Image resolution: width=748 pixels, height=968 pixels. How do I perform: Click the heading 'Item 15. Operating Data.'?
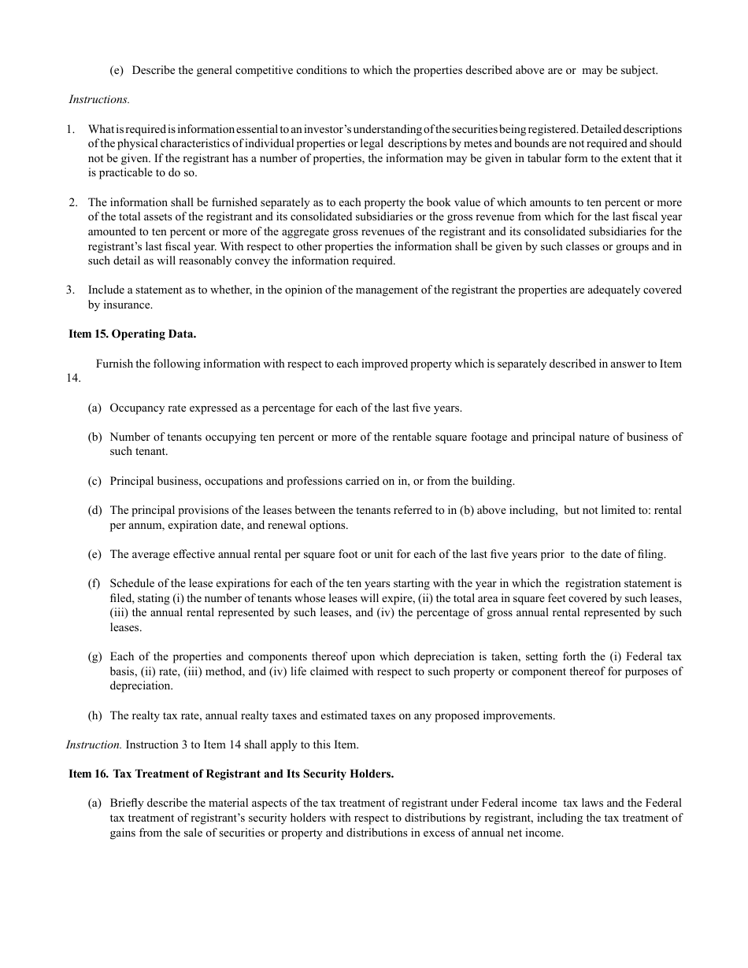coord(132,334)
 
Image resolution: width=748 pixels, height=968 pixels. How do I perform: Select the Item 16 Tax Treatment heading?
coord(231,774)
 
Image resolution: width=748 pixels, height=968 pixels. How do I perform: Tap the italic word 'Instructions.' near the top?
coord(98,99)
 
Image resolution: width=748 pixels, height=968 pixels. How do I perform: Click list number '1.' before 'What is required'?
coord(71,129)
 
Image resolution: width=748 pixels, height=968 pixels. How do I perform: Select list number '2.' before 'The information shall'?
coord(72,202)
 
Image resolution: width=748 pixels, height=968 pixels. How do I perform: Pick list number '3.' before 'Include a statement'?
coord(71,290)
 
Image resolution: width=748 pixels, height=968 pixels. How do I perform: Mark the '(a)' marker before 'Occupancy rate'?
coord(94,408)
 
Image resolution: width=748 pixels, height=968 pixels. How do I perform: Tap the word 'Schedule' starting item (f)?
coord(132,583)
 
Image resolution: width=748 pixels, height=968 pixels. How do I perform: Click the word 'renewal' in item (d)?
coord(287,525)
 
